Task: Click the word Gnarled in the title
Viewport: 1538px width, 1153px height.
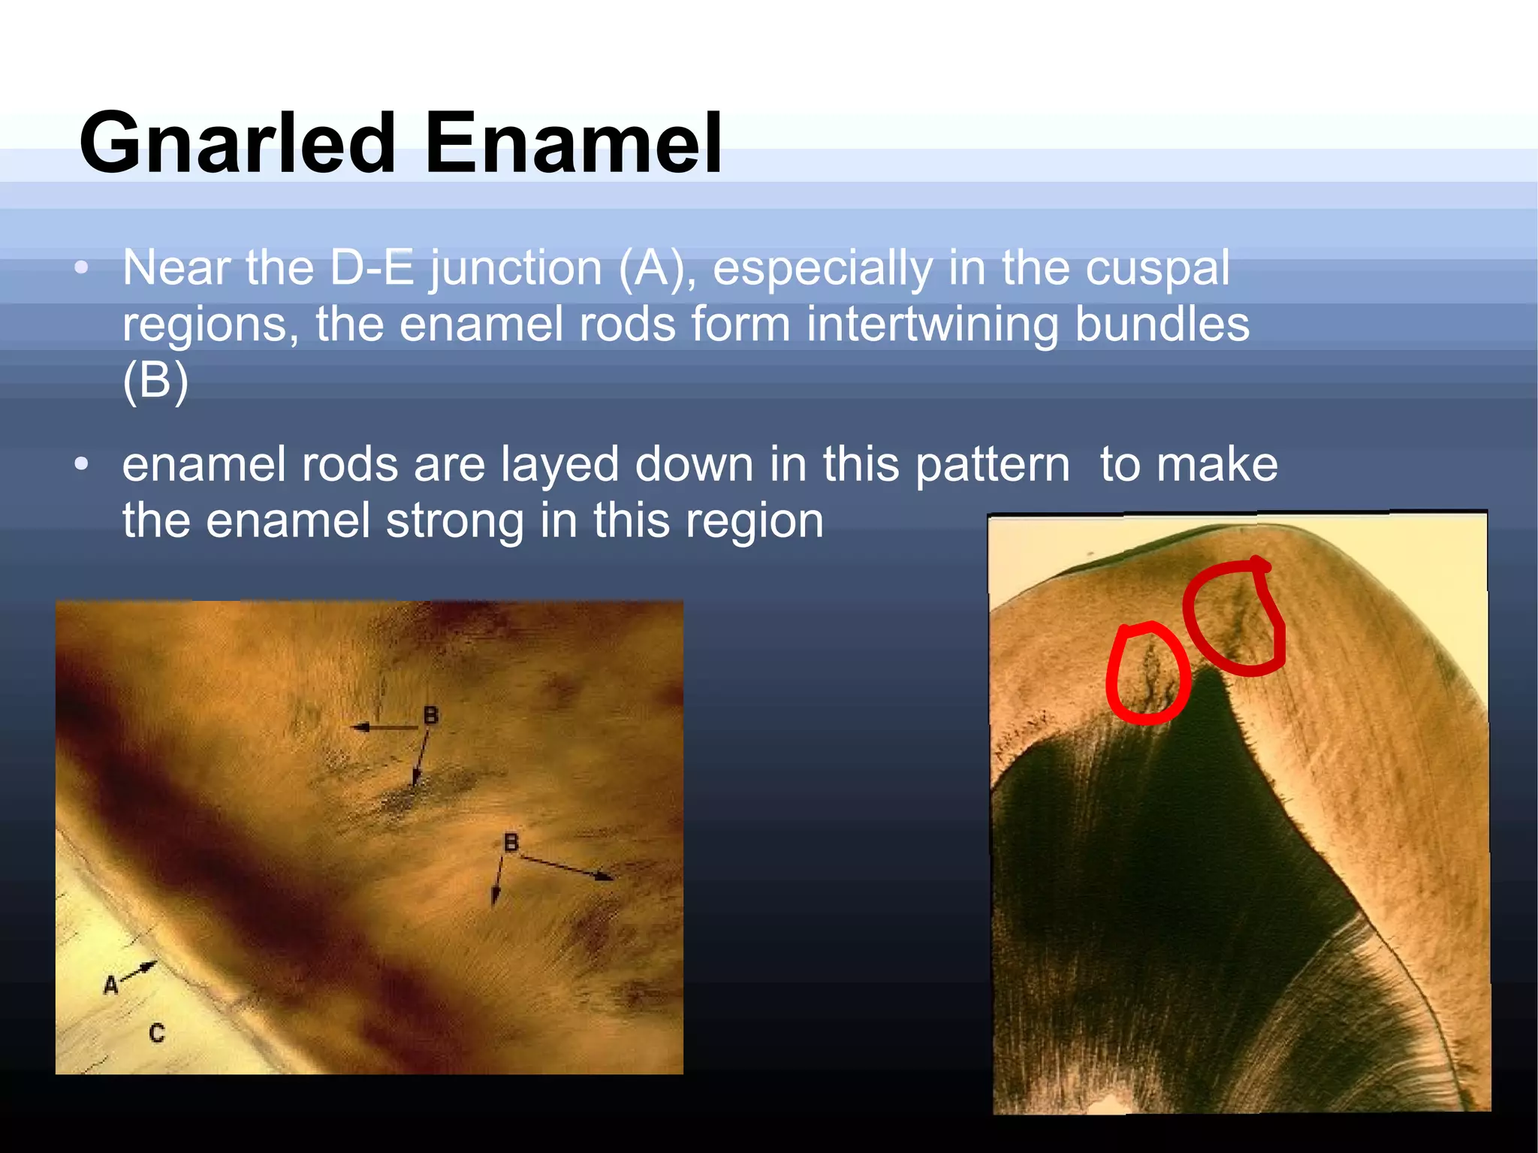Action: [237, 143]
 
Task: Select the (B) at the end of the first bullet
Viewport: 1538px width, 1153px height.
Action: [155, 381]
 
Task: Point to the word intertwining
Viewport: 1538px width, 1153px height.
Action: [931, 324]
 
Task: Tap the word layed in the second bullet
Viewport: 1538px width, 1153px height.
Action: [560, 464]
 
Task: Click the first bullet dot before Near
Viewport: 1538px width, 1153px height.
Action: [82, 268]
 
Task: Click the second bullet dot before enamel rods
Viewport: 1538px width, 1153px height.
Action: [82, 464]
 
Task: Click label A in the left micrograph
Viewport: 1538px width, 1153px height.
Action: [111, 985]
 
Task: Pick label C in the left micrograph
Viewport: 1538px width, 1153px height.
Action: [156, 1034]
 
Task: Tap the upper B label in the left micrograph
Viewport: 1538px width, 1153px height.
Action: [430, 714]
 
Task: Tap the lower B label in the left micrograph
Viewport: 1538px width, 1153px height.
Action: [511, 843]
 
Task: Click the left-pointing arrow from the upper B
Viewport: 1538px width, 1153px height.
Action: [383, 727]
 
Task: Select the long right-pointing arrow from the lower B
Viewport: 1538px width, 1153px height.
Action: [567, 867]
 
